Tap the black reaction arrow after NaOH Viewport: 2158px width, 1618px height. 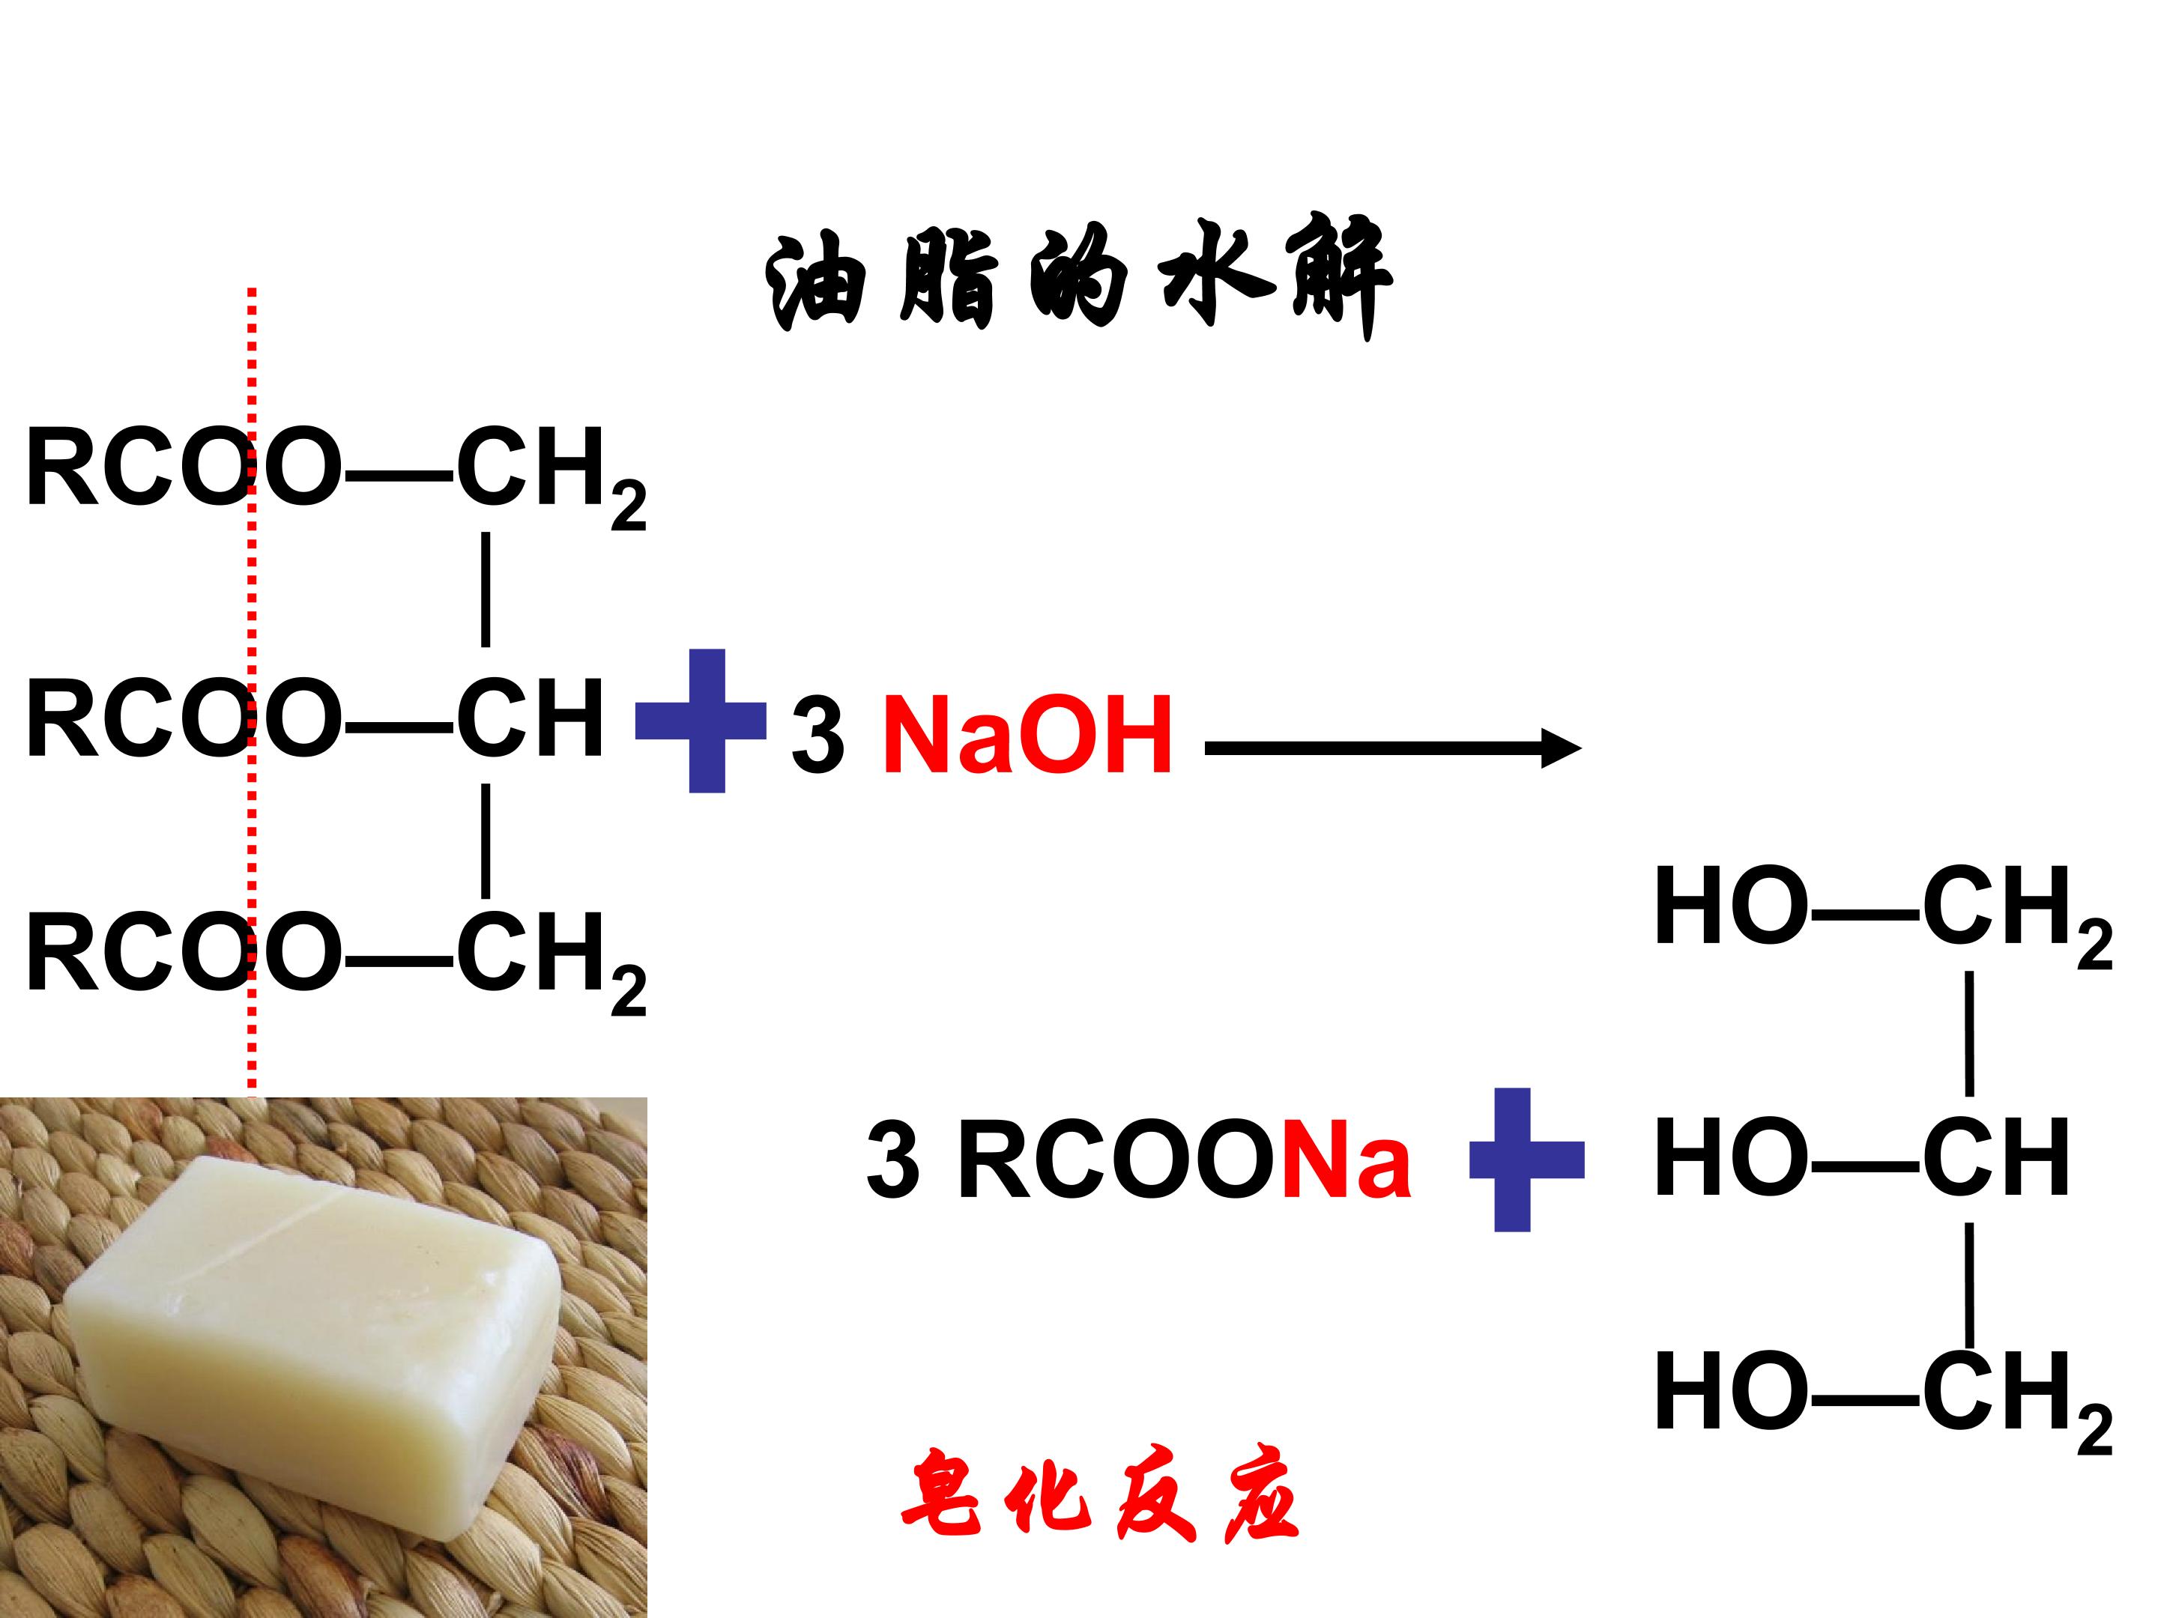[1393, 748]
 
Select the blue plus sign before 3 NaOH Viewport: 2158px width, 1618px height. [701, 721]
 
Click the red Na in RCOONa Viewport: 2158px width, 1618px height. [1347, 1160]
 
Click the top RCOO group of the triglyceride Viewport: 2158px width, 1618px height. [184, 467]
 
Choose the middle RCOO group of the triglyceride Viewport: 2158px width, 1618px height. [184, 719]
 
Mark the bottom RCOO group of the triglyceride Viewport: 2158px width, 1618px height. [184, 953]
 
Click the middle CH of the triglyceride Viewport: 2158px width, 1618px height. [530, 719]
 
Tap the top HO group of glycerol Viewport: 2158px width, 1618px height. [1731, 906]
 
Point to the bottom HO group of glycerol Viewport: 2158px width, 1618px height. [1731, 1392]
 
